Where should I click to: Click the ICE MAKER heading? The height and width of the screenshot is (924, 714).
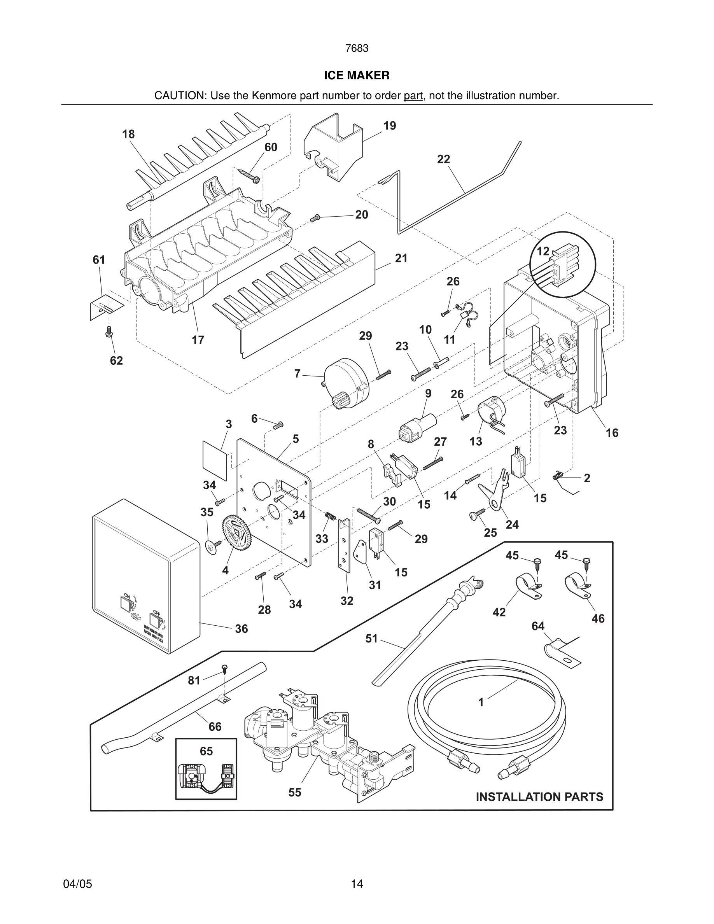[357, 75]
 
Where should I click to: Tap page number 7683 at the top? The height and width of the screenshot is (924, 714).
[357, 49]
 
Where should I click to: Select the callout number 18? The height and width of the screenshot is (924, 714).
[128, 134]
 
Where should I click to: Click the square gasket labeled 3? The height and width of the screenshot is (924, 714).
[215, 455]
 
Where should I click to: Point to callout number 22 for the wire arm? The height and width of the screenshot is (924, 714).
[443, 159]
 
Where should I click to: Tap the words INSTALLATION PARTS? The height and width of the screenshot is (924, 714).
[539, 797]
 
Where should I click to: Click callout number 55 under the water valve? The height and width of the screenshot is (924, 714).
[295, 793]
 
